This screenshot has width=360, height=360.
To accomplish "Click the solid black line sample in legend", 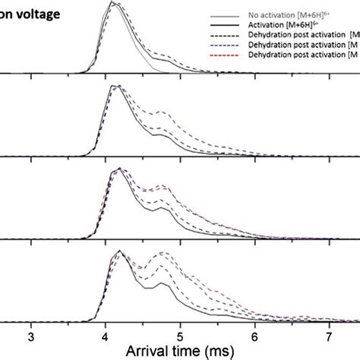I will click(225, 24).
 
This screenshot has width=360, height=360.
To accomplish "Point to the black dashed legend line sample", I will click(225, 34).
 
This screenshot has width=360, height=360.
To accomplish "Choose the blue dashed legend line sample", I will click(225, 44).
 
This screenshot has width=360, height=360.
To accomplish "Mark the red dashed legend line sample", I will click(225, 54).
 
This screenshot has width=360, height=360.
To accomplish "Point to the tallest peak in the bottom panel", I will click(118, 251).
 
